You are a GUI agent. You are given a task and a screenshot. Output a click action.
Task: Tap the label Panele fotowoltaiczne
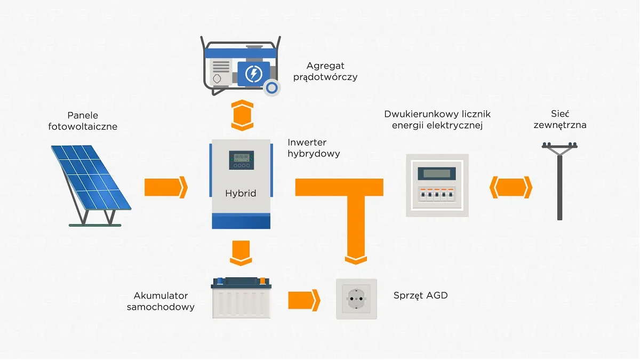click(x=83, y=121)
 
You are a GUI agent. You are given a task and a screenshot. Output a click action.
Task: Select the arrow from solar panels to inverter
click(x=166, y=187)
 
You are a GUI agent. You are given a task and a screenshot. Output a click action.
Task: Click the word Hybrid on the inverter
click(x=241, y=193)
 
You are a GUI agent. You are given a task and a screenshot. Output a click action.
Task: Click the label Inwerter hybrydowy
click(x=314, y=148)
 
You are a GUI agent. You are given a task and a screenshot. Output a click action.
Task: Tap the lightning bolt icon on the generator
click(x=253, y=73)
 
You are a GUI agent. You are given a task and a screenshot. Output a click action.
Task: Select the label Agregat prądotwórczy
click(x=325, y=71)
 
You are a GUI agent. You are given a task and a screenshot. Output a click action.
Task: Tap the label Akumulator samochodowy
click(x=161, y=301)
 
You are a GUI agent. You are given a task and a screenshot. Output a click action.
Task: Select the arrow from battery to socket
click(x=303, y=300)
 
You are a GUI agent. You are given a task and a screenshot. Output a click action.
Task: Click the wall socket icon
click(x=356, y=299)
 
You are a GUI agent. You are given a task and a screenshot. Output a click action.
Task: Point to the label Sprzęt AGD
click(x=420, y=295)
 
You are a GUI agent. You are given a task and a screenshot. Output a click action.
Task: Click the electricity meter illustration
click(x=437, y=185)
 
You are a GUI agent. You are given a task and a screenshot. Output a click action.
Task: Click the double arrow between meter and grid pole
click(x=510, y=187)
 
